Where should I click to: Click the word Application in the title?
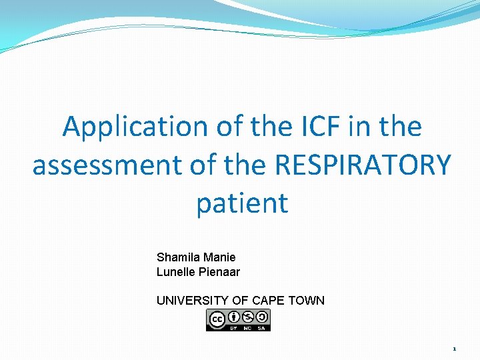click(x=135, y=127)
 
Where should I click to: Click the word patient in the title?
click(x=242, y=203)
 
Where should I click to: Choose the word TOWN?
click(x=307, y=300)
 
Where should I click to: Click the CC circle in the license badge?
click(x=217, y=320)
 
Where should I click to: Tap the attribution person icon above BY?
click(x=235, y=316)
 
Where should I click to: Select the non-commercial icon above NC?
click(x=249, y=316)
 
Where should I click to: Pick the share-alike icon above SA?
click(x=262, y=316)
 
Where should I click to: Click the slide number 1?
click(x=453, y=349)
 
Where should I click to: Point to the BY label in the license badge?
click(x=235, y=327)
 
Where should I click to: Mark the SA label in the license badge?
click(x=262, y=327)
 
